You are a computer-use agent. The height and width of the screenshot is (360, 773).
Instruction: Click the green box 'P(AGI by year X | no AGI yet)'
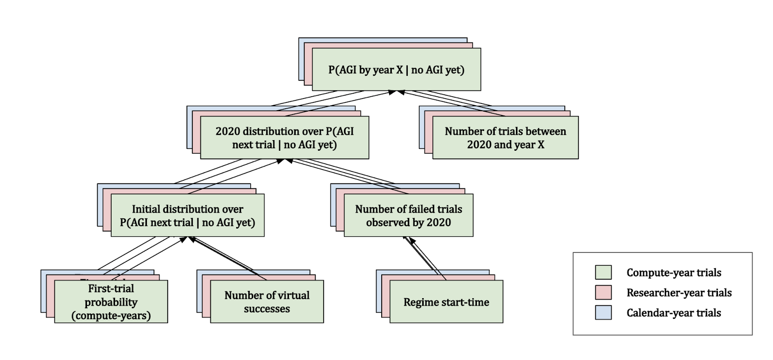click(396, 69)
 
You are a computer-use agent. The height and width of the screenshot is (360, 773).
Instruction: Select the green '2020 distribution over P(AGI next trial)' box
click(285, 138)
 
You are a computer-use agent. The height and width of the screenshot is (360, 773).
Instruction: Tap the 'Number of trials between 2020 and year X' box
click(505, 138)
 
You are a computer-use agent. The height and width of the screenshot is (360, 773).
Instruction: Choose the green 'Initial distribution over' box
click(187, 216)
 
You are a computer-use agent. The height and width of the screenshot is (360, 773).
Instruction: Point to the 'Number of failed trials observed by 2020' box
click(408, 216)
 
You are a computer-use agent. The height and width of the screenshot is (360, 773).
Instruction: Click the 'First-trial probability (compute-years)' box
click(111, 302)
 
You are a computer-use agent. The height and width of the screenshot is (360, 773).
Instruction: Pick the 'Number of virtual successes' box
click(267, 302)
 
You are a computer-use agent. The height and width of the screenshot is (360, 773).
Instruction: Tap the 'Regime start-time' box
click(446, 302)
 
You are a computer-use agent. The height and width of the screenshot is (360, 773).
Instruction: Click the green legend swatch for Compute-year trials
click(603, 273)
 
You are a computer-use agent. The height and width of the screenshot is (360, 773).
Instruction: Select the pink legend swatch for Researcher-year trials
click(603, 292)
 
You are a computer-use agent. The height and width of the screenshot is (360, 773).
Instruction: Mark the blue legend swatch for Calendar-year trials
click(603, 313)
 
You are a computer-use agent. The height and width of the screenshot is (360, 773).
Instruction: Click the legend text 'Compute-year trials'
click(673, 273)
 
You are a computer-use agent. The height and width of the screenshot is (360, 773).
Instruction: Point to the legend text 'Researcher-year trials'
click(679, 292)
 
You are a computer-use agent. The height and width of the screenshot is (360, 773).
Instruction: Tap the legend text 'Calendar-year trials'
click(673, 313)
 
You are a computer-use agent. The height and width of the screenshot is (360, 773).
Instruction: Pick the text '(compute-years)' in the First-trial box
click(111, 316)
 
